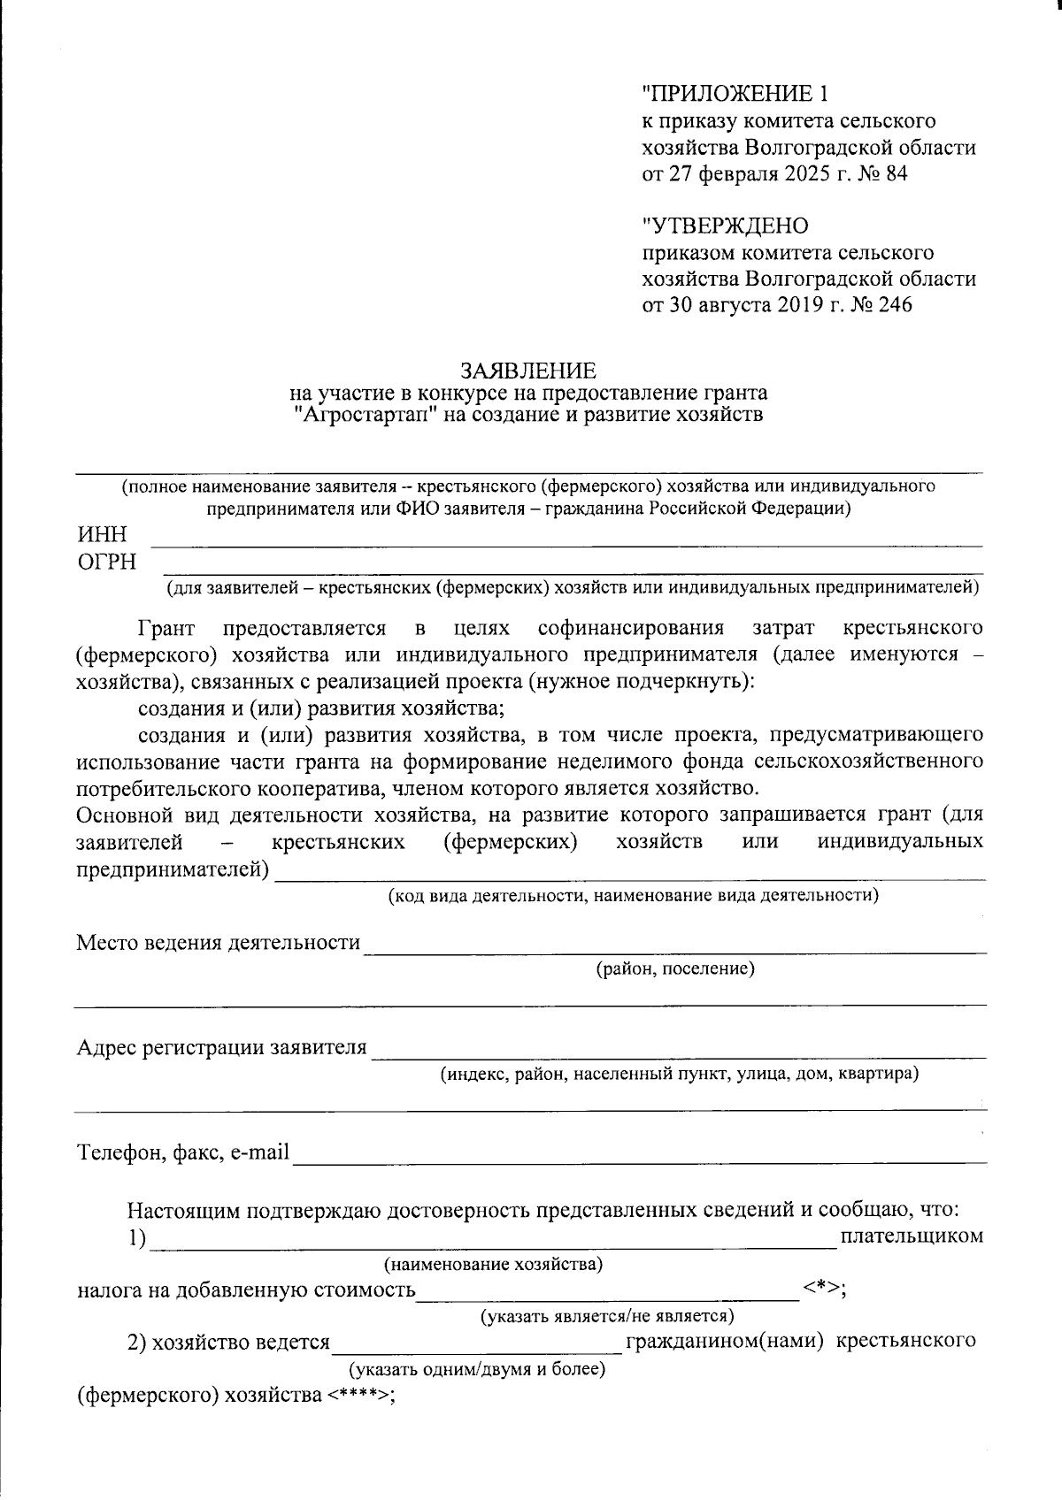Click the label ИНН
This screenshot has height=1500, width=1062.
[103, 535]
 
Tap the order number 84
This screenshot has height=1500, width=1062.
[896, 174]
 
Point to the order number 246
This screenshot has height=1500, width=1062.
[895, 306]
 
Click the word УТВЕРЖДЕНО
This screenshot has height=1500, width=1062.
[725, 226]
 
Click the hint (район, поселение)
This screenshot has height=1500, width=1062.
[675, 969]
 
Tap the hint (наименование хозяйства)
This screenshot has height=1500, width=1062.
[493, 1264]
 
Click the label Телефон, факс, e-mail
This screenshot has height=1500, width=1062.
[183, 1153]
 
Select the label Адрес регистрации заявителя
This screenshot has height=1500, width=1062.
[221, 1048]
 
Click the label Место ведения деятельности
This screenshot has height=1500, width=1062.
[219, 943]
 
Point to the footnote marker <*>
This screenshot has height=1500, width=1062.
[821, 1289]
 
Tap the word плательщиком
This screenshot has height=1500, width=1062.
[912, 1236]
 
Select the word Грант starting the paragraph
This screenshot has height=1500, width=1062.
[166, 629]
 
